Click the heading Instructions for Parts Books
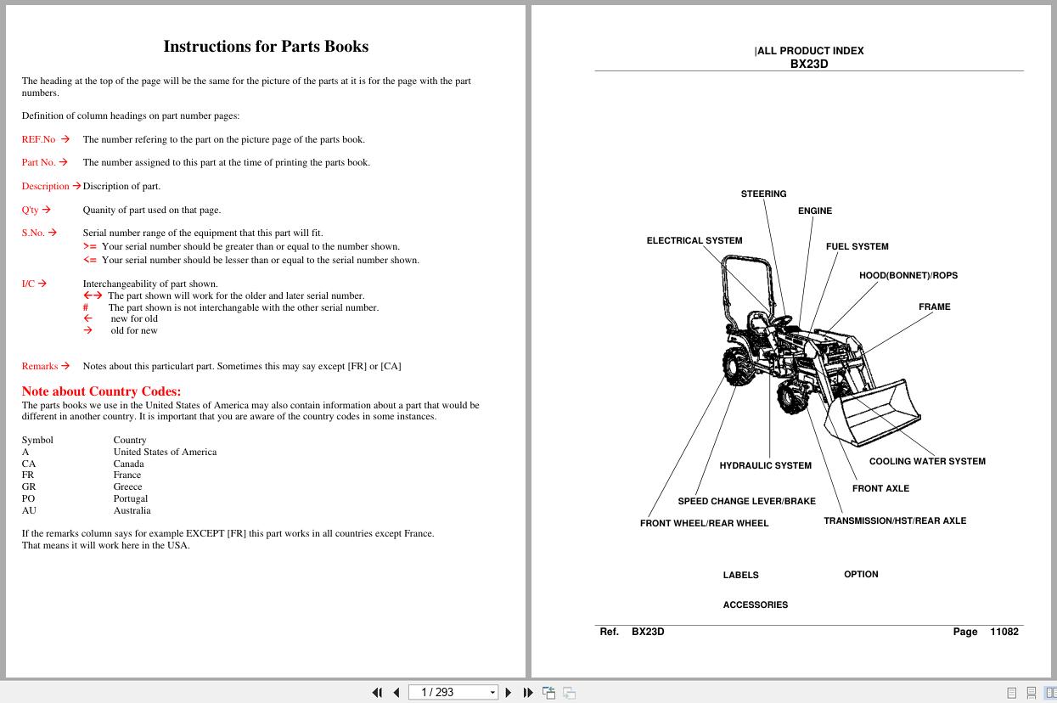point(266,47)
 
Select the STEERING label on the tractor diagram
point(763,194)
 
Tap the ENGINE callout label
point(814,211)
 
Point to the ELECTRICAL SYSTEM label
point(694,240)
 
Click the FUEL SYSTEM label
point(857,246)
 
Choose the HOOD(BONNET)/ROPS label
point(908,275)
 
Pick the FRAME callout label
point(934,307)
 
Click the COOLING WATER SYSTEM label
point(926,461)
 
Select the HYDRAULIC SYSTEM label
point(765,465)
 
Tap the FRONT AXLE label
point(880,488)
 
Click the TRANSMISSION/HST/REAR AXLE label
point(894,520)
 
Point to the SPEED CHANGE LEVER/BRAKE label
point(746,501)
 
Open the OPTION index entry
point(861,574)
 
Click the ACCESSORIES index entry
point(755,605)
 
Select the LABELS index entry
point(740,575)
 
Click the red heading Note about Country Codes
point(101,391)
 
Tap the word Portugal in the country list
point(131,498)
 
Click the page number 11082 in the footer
point(1004,632)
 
